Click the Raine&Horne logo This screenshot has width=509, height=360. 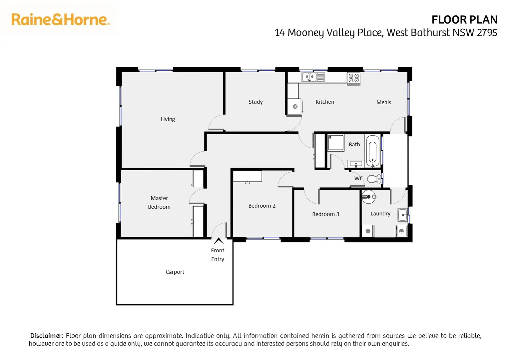pos(60,20)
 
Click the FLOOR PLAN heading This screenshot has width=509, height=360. pos(464,20)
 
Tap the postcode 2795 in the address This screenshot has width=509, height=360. pos(487,33)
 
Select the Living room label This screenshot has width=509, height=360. pos(168,119)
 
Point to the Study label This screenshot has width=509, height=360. pos(255,102)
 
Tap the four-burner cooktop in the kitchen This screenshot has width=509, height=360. pos(353,78)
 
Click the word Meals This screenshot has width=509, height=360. pos(383,103)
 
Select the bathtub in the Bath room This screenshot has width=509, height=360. pos(372,151)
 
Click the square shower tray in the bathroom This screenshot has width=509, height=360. pos(335,143)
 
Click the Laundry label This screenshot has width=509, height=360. pos(380,214)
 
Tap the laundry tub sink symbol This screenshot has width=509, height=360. pos(402,215)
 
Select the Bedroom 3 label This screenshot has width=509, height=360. pos(325,214)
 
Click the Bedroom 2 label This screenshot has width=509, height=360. pos(262,206)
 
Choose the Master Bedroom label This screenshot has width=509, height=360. pos(159,203)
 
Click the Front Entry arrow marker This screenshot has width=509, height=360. pos(219,241)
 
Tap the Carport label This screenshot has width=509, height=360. pos(175,272)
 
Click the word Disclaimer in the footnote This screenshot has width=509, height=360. pos(46,336)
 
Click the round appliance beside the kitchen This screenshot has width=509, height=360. pos(295,107)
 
